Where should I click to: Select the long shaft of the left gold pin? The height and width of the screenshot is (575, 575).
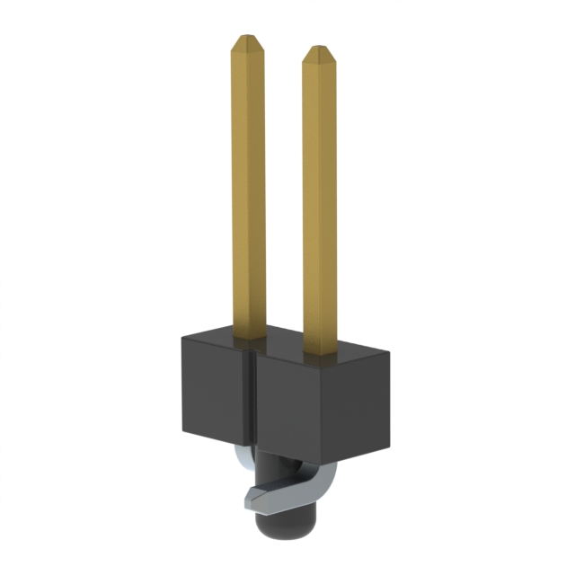point(249,180)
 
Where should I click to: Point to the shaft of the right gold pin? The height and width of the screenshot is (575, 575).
point(320,198)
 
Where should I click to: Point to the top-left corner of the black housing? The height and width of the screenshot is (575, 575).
point(181,334)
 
